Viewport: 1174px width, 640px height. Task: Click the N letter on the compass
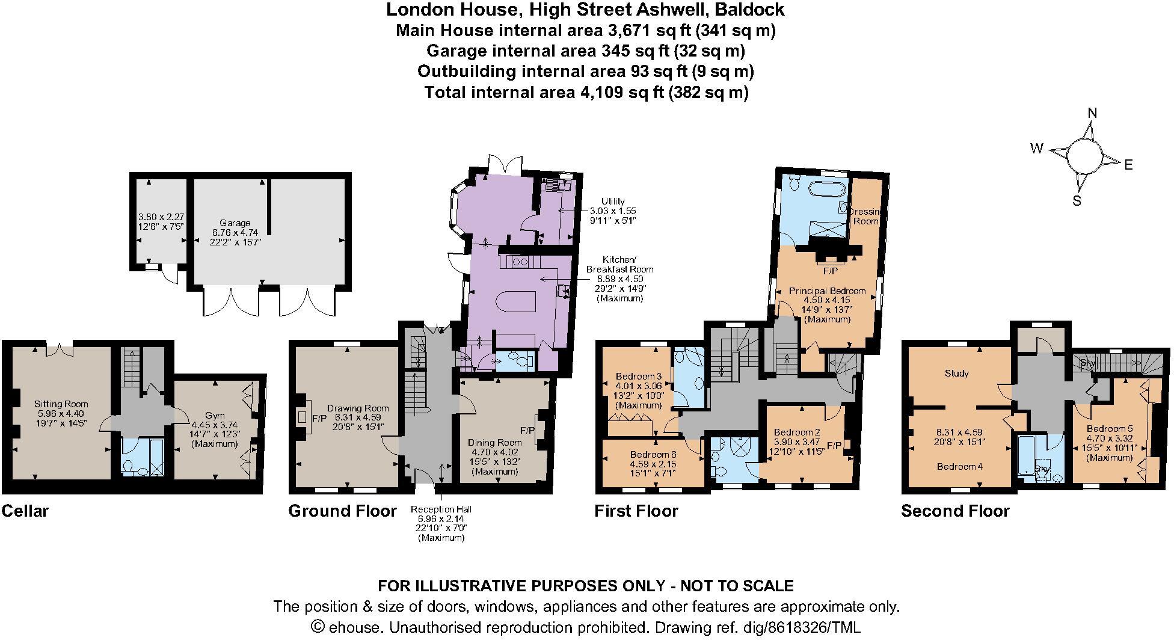click(1093, 113)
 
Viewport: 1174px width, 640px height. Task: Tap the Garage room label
click(235, 223)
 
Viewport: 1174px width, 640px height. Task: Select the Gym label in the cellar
click(215, 416)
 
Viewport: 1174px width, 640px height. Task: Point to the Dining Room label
click(494, 442)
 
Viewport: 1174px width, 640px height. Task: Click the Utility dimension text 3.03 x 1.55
click(613, 211)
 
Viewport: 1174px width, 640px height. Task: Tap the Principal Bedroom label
click(827, 291)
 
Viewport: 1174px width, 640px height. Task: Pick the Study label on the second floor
click(956, 374)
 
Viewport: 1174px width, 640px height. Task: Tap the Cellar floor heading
click(25, 511)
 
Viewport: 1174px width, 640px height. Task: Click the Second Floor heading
click(955, 511)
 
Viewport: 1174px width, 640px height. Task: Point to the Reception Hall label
click(441, 509)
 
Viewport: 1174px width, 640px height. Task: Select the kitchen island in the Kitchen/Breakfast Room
click(517, 300)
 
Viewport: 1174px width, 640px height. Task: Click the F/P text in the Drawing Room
click(319, 417)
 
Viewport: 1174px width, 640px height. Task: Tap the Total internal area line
click(586, 93)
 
